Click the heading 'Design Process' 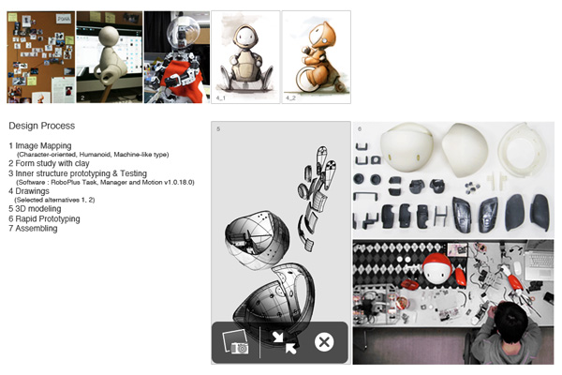click(x=41, y=126)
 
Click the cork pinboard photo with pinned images click(x=40, y=57)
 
